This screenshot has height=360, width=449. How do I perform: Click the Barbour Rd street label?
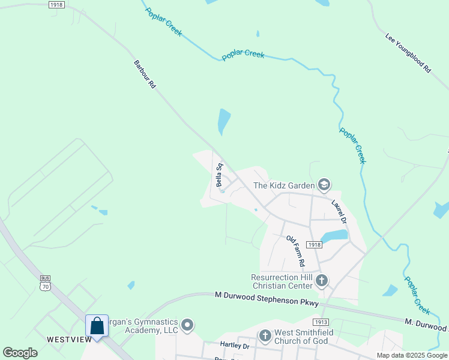coord(144,75)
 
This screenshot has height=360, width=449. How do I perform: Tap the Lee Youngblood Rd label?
coord(408,53)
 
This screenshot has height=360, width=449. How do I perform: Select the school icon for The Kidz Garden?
coord(325,185)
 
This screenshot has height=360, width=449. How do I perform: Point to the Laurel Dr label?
coord(339,212)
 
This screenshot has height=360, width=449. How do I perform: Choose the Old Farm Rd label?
coord(295,251)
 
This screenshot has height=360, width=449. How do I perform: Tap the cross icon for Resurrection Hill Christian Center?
coord(322,280)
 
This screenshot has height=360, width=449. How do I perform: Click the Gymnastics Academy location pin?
coord(187,326)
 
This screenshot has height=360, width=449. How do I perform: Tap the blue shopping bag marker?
coord(97,326)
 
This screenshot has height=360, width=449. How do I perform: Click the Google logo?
coord(20,353)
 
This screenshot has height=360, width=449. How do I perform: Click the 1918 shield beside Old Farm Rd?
coord(313,244)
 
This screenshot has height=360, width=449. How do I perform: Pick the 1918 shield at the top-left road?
coord(56,4)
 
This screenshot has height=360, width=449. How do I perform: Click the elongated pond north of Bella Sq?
coord(223,121)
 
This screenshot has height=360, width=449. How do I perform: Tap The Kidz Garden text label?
coord(284,185)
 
